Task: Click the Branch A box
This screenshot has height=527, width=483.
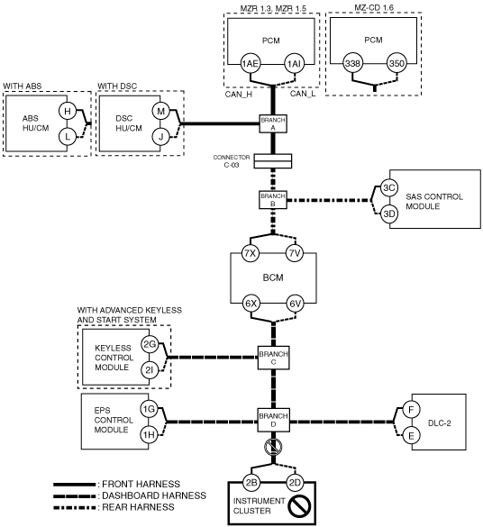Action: tap(273, 123)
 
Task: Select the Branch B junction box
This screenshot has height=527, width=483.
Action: tap(273, 200)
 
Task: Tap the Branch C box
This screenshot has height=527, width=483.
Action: tap(273, 358)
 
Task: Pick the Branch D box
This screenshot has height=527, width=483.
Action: tap(273, 420)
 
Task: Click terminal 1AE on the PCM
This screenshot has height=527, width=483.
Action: tap(251, 64)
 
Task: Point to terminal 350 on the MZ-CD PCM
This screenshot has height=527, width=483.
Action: tap(396, 63)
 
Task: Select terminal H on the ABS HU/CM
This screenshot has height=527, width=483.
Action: tap(68, 111)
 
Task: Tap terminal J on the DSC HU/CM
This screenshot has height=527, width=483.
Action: tap(161, 137)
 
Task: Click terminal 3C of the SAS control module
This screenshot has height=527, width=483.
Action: tap(389, 187)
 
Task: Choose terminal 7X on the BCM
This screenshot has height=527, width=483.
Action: tap(251, 253)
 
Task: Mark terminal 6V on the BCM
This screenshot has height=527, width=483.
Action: tap(295, 304)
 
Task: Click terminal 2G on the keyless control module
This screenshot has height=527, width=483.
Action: tap(150, 344)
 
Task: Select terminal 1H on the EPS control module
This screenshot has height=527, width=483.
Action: tap(149, 435)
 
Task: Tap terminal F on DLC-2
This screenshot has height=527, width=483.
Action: tap(411, 410)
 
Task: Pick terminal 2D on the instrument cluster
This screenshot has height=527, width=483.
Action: tap(295, 483)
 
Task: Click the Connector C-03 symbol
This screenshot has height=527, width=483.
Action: tap(273, 161)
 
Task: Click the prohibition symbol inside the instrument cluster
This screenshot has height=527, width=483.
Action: tap(299, 505)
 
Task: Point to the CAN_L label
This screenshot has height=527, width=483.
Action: tap(303, 94)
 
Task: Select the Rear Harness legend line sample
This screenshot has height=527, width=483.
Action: tap(74, 508)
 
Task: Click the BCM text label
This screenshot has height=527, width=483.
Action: tap(273, 277)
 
